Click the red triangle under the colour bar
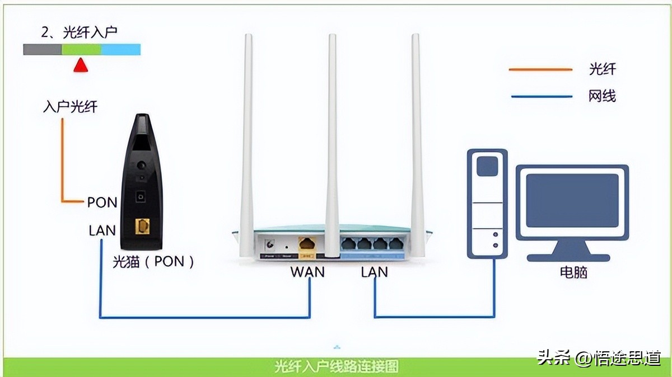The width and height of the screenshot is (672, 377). tap(81, 65)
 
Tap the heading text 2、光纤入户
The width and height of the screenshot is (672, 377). tap(79, 32)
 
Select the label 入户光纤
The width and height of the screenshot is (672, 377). tap(70, 106)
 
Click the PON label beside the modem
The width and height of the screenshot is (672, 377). tap(102, 202)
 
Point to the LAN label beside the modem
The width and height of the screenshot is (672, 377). tap(102, 230)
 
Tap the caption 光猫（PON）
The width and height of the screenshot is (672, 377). tap(153, 261)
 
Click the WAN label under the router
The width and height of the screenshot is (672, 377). tap(307, 272)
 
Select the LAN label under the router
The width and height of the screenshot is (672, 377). tap(374, 272)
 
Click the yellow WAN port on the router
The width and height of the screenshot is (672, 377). tap(306, 244)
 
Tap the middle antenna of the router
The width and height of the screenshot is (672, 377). tap(332, 140)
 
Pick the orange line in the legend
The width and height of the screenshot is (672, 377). tap(540, 70)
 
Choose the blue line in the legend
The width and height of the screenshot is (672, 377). tap(540, 96)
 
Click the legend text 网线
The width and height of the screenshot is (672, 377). tap(602, 96)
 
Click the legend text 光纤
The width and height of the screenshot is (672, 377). tap(602, 69)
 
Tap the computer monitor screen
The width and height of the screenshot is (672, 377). tap(572, 200)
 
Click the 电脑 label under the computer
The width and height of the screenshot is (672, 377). tap(573, 273)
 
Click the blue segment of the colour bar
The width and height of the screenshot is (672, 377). tap(120, 50)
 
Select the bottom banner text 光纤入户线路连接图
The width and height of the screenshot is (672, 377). tap(337, 367)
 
